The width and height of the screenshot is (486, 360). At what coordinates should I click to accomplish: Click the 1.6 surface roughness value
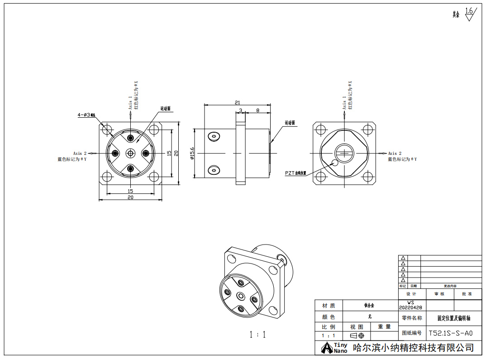click(x=469, y=11)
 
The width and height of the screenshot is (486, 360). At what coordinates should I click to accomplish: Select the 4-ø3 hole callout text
click(x=86, y=115)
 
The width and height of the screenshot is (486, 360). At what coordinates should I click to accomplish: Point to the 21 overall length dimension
click(x=237, y=103)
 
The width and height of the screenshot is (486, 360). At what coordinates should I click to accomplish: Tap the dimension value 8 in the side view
click(x=257, y=110)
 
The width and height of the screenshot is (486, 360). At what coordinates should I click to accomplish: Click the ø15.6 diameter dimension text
click(x=192, y=154)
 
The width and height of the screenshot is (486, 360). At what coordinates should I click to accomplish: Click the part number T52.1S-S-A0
click(x=450, y=333)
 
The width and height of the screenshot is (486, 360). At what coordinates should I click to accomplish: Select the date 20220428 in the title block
click(x=410, y=307)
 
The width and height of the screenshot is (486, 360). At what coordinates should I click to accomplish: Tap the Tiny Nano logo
click(x=334, y=348)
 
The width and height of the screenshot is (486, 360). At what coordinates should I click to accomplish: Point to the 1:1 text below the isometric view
click(x=257, y=335)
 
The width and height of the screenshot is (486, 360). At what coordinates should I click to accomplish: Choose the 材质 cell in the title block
click(x=329, y=306)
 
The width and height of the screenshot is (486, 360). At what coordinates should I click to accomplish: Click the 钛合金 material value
click(x=370, y=306)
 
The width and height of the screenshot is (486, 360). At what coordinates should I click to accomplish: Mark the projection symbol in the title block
click(x=357, y=336)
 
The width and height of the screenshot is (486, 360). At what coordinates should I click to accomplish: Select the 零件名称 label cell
click(x=411, y=318)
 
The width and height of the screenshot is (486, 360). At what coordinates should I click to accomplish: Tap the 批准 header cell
click(x=467, y=294)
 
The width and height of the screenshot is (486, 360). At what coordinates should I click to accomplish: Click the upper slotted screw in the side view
click(x=213, y=136)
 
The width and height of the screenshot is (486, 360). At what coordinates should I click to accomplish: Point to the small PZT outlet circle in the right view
click(x=335, y=163)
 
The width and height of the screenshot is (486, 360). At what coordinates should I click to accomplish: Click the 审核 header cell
click(x=439, y=294)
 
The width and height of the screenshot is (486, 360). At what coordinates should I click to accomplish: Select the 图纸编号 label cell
click(x=411, y=333)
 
